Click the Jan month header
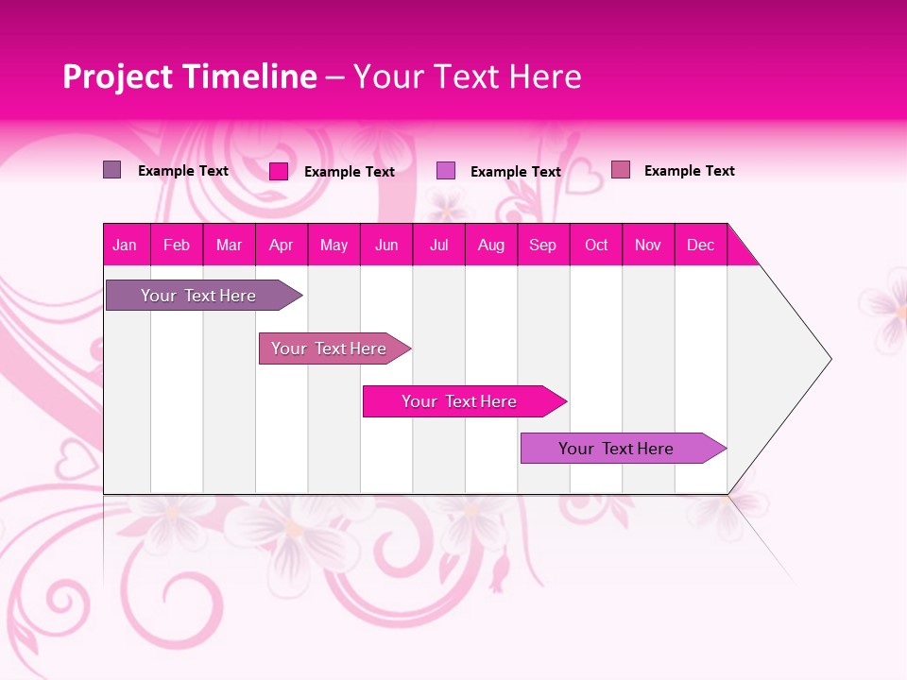126,245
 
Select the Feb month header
177,245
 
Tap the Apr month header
282,245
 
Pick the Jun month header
386,245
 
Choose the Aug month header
491,245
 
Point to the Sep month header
543,245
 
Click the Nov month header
648,245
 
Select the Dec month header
701,245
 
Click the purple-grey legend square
112,170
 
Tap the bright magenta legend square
279,171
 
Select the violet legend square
446,171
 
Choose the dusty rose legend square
620,170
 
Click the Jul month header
439,245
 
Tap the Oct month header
596,245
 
